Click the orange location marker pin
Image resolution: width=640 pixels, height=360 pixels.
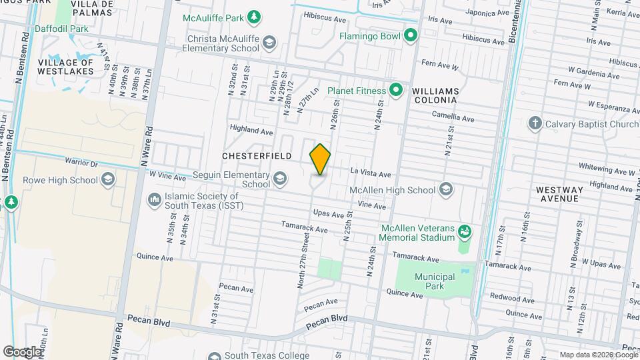(320, 159)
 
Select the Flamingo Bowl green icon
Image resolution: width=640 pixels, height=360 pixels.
(411, 35)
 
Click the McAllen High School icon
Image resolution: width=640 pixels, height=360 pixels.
(446, 191)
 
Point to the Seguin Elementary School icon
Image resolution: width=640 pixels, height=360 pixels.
(281, 179)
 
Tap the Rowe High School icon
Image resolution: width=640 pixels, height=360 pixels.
(107, 179)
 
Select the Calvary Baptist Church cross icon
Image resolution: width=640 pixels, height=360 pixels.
(535, 123)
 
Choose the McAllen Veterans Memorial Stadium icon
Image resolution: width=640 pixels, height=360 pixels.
(465, 232)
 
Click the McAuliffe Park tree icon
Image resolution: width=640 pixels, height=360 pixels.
(253, 16)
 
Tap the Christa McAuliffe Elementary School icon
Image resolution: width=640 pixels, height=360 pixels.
(269, 43)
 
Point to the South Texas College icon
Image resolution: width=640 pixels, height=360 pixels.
(214, 355)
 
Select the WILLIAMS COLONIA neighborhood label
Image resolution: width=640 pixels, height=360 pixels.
(435, 95)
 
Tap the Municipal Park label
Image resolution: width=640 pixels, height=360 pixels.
(435, 281)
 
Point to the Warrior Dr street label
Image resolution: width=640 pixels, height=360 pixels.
(81, 161)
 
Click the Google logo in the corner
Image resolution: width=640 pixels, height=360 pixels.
(21, 351)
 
